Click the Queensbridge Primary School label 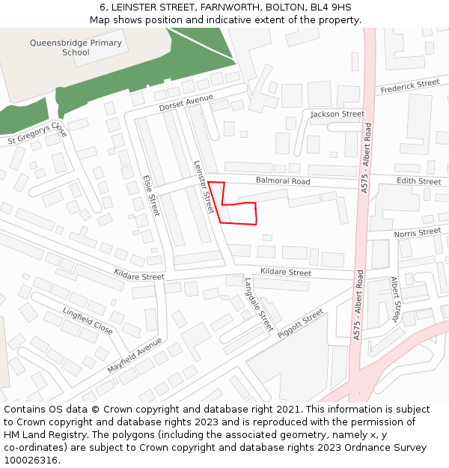tap(76, 47)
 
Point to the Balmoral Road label tap(282, 181)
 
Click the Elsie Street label tap(151, 195)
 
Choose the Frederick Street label tap(409, 87)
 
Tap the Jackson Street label tap(337, 114)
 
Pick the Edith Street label tap(418, 181)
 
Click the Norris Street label tap(418, 233)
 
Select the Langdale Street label tap(259, 305)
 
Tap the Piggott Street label tap(300, 323)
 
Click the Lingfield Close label tap(88, 320)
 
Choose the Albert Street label tap(396, 300)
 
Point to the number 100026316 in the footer tap(31, 460)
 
